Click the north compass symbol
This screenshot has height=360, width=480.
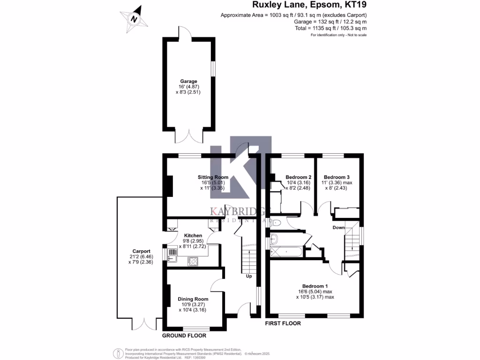point(134,18)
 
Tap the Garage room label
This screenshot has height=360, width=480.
point(189,81)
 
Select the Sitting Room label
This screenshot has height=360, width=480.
point(213,177)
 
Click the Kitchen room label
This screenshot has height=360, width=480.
point(193,235)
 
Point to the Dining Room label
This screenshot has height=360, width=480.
point(193,299)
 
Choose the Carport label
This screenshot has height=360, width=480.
point(141,251)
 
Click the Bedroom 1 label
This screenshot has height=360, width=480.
point(315,286)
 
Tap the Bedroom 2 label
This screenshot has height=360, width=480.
point(299,177)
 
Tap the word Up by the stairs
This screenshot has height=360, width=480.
point(249,276)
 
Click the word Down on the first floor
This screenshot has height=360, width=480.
point(339,228)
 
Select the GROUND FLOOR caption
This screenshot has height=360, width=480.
point(184,336)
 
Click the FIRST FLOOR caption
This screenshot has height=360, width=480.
point(283,323)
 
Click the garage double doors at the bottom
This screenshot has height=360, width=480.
point(189,136)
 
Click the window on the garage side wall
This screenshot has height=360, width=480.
point(214,68)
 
